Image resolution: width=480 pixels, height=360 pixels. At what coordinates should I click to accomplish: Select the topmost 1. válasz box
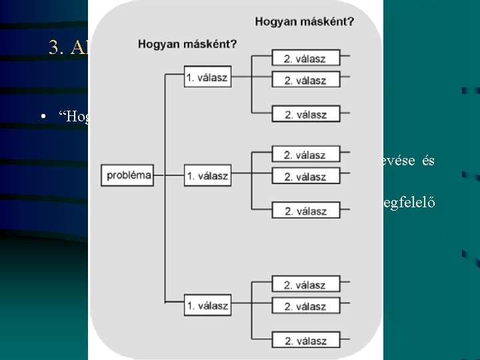pyautogui.click(x=207, y=77)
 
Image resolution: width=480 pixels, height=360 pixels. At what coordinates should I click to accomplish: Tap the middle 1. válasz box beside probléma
pyautogui.click(x=207, y=176)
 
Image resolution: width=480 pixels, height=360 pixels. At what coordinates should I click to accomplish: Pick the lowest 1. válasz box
pyautogui.click(x=207, y=306)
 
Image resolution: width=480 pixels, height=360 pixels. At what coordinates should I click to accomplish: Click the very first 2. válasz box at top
pyautogui.click(x=305, y=58)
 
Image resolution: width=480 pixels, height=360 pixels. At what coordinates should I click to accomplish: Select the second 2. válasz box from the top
pyautogui.click(x=305, y=80)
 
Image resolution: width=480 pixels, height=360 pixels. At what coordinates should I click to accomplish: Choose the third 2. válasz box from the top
pyautogui.click(x=305, y=114)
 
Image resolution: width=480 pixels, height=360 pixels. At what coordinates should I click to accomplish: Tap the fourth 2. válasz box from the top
pyautogui.click(x=305, y=155)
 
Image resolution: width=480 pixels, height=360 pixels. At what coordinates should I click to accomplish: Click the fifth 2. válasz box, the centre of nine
pyautogui.click(x=305, y=177)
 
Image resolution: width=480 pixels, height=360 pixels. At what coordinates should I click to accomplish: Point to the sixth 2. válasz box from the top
pyautogui.click(x=305, y=211)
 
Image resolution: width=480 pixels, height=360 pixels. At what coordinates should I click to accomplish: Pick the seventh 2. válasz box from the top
pyautogui.click(x=305, y=285)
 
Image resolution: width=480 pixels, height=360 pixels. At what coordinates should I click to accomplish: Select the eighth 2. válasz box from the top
pyautogui.click(x=305, y=307)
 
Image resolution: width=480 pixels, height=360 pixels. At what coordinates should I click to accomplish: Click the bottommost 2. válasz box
pyautogui.click(x=305, y=341)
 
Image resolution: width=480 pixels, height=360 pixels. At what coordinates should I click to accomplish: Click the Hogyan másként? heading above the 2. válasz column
pyautogui.click(x=304, y=21)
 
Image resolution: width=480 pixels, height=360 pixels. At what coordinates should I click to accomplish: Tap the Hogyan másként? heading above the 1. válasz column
pyautogui.click(x=187, y=45)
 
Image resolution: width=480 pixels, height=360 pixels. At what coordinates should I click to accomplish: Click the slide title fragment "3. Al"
pyautogui.click(x=68, y=47)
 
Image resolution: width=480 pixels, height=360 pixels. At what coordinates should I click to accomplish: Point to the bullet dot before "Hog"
pyautogui.click(x=43, y=117)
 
